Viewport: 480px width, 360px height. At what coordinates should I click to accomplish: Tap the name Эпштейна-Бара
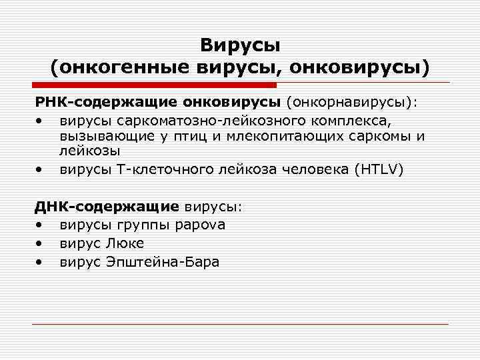tap(163, 261)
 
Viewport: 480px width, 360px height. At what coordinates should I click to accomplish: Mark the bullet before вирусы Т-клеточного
tap(42, 169)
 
